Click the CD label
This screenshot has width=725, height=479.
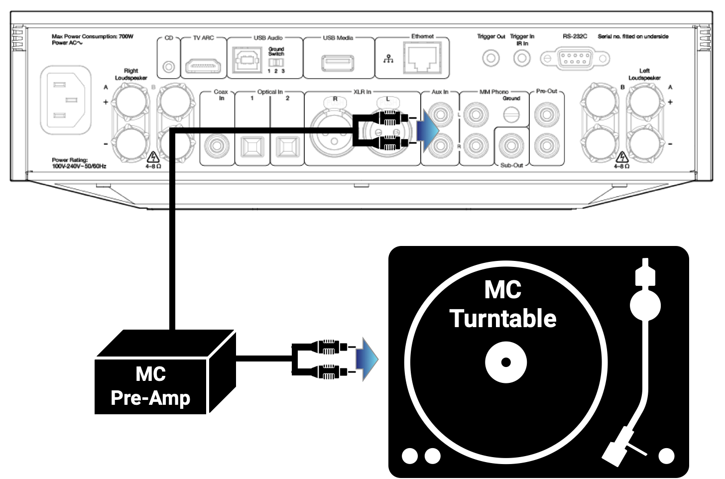tap(169, 38)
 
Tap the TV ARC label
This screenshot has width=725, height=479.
tap(203, 38)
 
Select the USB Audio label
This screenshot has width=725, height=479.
tap(268, 38)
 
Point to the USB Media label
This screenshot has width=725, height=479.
tap(338, 38)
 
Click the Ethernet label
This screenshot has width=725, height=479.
tap(423, 36)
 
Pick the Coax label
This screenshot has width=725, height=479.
tap(221, 92)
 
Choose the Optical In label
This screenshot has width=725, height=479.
tap(270, 92)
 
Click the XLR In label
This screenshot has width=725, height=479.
tap(362, 92)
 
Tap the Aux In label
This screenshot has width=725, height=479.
tap(440, 92)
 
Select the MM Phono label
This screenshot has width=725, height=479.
tap(494, 92)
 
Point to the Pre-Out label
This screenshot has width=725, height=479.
tap(546, 91)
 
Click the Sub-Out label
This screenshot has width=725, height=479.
tap(512, 165)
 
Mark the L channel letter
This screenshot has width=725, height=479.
tap(459, 115)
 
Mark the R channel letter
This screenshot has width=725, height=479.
tap(459, 146)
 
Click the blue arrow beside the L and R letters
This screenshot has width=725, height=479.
tap(427, 130)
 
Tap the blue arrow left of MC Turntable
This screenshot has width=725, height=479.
tap(366, 359)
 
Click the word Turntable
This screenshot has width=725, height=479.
tap(503, 319)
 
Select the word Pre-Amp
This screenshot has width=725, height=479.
tap(150, 398)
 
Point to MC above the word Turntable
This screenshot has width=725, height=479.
tap(502, 290)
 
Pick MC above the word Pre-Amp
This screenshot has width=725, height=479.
tap(150, 374)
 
